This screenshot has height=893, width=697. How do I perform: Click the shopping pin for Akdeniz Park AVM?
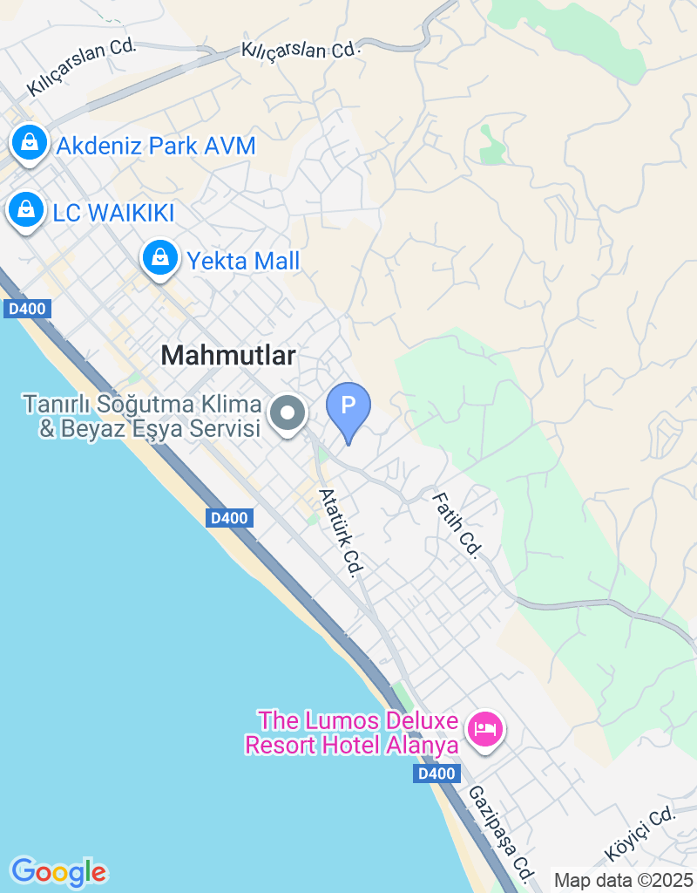pos(30,141)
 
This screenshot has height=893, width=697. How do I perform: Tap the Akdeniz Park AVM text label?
pos(156,146)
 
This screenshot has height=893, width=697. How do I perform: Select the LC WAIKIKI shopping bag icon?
pos(26,209)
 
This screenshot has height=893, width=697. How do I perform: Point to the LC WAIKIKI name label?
pos(113,213)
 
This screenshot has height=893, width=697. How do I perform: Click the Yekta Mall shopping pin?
pos(160,257)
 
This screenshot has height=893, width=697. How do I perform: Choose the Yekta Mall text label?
pos(243,261)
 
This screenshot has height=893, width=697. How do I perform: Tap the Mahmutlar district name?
pos(229,355)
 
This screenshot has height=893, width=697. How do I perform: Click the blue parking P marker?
pos(348,406)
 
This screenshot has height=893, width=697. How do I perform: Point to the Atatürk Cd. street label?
pos(341,532)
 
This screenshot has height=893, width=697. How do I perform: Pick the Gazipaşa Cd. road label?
pos(500,832)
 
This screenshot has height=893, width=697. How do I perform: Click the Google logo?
pos(58,870)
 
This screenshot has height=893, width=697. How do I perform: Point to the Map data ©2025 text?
pos(623,880)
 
